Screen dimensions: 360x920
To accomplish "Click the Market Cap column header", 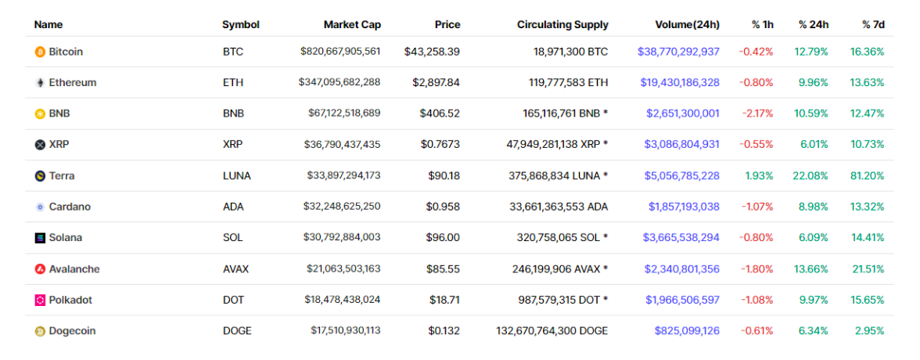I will click(352, 24).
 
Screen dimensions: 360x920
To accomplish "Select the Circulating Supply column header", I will click(562, 24).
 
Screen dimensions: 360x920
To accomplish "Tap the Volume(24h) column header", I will click(682, 24).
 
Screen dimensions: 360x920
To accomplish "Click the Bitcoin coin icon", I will click(40, 52).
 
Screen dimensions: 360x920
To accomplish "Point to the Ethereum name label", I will click(72, 82).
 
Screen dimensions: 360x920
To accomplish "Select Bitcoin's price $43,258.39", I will click(432, 52).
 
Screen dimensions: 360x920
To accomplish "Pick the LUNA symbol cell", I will click(236, 175).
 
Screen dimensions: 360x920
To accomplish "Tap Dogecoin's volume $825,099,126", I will click(687, 330).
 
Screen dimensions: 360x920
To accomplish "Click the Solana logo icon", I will click(40, 237).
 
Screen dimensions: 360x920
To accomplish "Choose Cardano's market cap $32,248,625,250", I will click(342, 207).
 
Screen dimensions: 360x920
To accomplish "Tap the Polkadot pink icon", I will click(40, 300).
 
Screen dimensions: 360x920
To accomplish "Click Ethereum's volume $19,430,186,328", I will click(679, 82).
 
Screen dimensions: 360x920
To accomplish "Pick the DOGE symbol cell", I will click(237, 330).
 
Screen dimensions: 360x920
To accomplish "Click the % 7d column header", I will click(873, 24).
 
